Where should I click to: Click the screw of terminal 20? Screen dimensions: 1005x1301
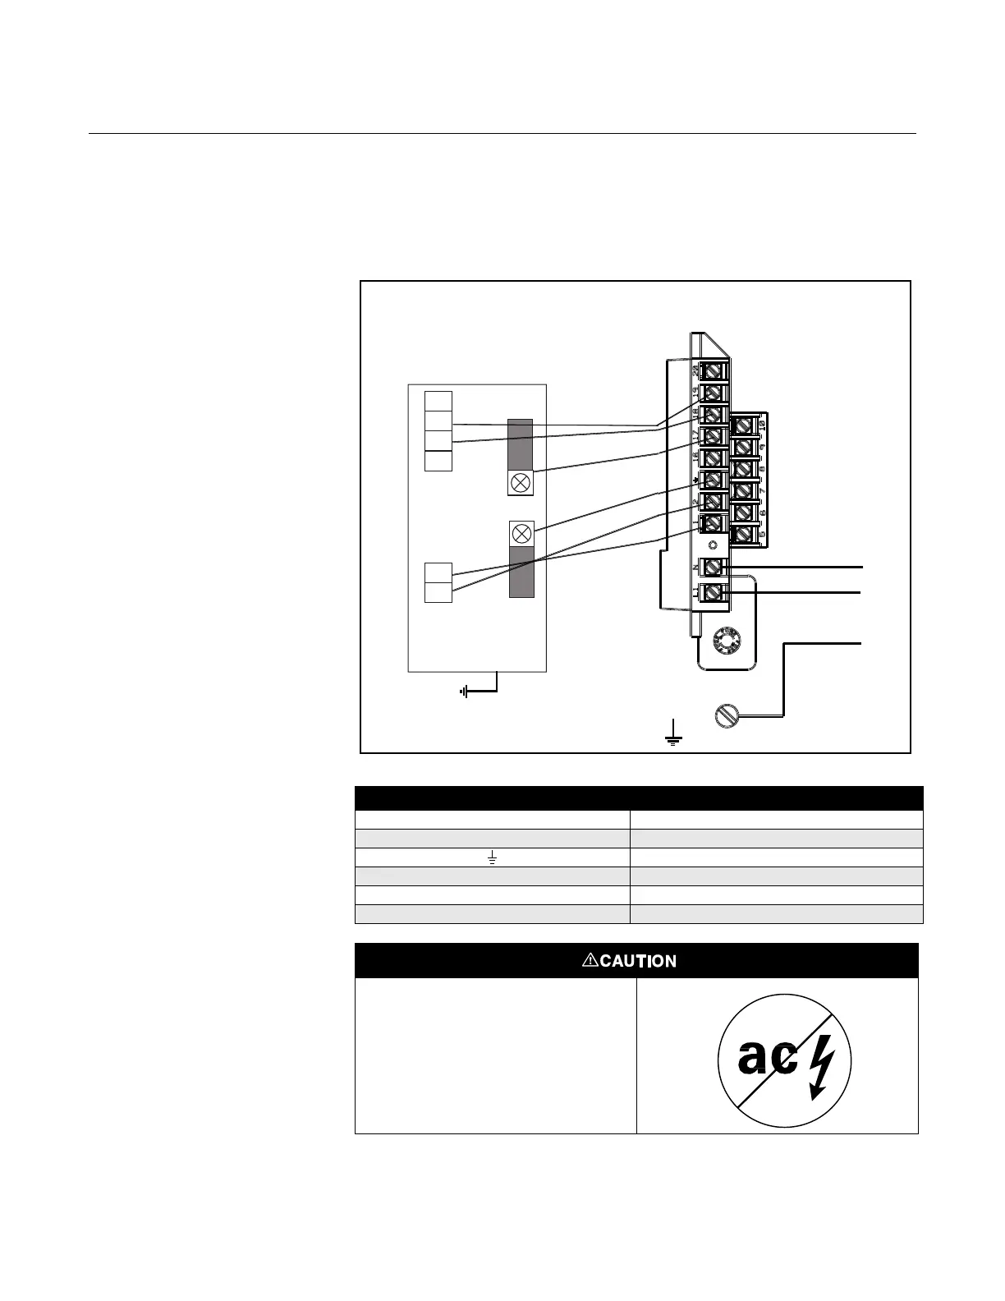click(x=714, y=370)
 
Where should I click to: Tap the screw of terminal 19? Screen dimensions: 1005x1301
click(x=714, y=392)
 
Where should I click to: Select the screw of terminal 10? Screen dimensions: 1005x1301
click(x=743, y=425)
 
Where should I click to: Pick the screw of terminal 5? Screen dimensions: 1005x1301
click(x=743, y=535)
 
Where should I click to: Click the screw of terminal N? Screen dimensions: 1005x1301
click(x=714, y=567)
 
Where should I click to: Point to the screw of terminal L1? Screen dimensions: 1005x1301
click(x=714, y=591)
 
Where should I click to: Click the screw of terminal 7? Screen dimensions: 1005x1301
click(x=743, y=491)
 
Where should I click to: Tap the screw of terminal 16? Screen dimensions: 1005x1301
click(x=714, y=457)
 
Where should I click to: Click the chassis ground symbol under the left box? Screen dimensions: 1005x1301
click(x=466, y=692)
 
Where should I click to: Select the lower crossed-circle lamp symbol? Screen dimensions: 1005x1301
click(x=521, y=533)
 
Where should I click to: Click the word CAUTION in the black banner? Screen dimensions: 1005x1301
click(x=638, y=961)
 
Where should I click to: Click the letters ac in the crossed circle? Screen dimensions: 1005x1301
click(x=767, y=1058)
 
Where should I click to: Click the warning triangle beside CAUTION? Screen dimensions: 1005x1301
click(x=590, y=960)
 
